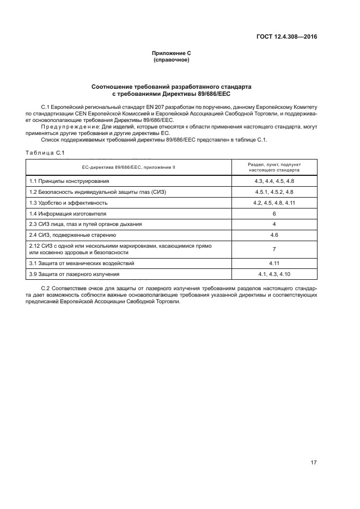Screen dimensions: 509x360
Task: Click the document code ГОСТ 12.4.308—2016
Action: pyautogui.click(x=286, y=37)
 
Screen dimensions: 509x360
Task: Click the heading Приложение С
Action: pyautogui.click(x=171, y=53)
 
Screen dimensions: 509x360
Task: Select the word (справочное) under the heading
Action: pyautogui.click(x=171, y=60)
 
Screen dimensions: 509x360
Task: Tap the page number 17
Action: pyautogui.click(x=313, y=463)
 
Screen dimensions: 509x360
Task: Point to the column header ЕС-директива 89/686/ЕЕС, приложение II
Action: pyautogui.click(x=129, y=167)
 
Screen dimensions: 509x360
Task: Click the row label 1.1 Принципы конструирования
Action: pyautogui.click(x=69, y=181)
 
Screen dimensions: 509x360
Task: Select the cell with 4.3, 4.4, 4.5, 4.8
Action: pyautogui.click(x=274, y=181)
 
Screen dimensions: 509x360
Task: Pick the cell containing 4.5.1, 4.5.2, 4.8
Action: pyautogui.click(x=274, y=192)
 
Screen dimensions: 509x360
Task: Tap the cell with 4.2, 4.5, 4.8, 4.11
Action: pyautogui.click(x=274, y=203)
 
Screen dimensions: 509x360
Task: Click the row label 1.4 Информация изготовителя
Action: pyautogui.click(x=68, y=213)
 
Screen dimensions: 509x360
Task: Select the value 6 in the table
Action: pyautogui.click(x=274, y=213)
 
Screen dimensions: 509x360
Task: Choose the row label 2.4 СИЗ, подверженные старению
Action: pyautogui.click(x=72, y=235)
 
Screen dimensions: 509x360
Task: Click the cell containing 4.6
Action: pyautogui.click(x=274, y=235)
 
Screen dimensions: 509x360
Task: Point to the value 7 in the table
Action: pyautogui.click(x=274, y=249)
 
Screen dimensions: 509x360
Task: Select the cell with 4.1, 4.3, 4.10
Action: pyautogui.click(x=274, y=274)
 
